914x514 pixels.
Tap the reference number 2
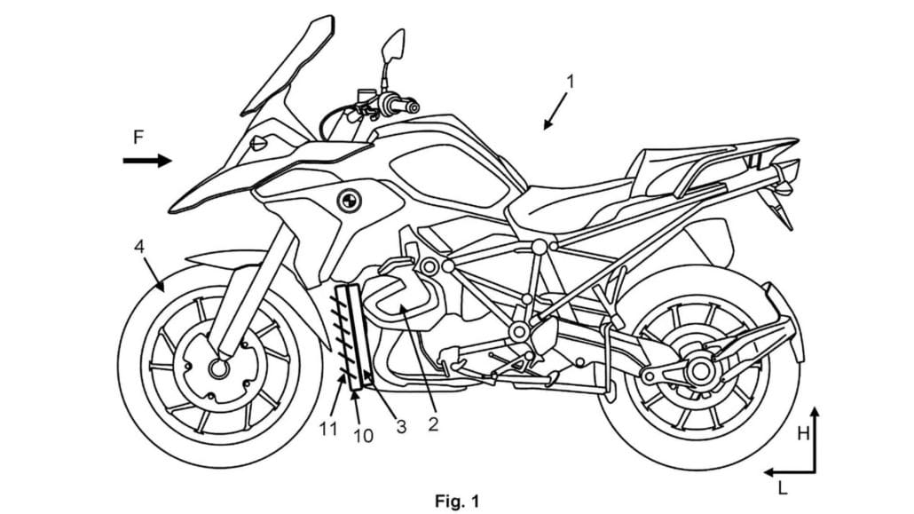pos(432,423)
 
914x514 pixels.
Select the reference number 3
pos(401,426)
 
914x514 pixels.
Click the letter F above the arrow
pos(138,138)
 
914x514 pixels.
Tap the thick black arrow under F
pos(146,162)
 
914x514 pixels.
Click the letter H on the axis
pos(802,432)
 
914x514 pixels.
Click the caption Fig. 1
pos(456,502)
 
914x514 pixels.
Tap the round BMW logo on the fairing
pos(347,201)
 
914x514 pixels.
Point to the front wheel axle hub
pos(217,367)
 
